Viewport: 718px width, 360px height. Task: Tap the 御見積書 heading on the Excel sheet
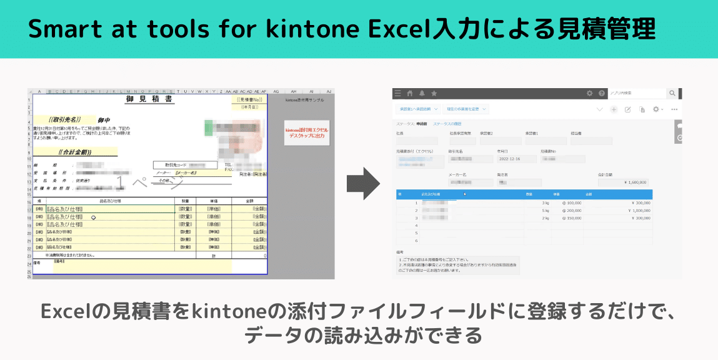(x=150, y=100)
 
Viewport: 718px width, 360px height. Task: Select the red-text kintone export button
(x=306, y=132)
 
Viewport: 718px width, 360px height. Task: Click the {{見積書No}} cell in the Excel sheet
(x=249, y=100)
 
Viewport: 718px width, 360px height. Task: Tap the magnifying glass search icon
(x=672, y=94)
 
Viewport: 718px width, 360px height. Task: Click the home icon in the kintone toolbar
(x=410, y=94)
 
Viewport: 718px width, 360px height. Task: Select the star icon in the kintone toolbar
(x=434, y=94)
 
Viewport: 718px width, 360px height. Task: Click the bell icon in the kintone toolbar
(x=422, y=94)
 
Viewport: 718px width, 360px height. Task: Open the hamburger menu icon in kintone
(x=397, y=94)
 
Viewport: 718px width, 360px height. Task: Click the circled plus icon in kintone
(x=614, y=109)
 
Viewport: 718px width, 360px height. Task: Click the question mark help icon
(x=602, y=94)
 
